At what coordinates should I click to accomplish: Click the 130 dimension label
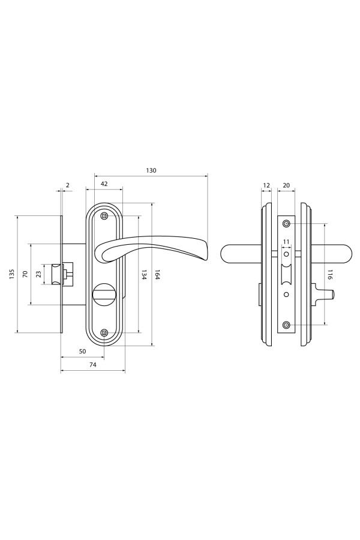pyautogui.click(x=151, y=170)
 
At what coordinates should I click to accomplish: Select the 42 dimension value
pyautogui.click(x=104, y=184)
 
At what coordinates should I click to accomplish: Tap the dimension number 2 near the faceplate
pyautogui.click(x=68, y=185)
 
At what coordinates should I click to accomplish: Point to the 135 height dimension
pyautogui.click(x=12, y=274)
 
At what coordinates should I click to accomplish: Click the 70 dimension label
pyautogui.click(x=25, y=274)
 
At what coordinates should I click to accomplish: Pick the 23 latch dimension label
pyautogui.click(x=38, y=274)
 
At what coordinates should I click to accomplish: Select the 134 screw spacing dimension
pyautogui.click(x=144, y=274)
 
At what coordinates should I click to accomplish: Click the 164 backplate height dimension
pyautogui.click(x=157, y=274)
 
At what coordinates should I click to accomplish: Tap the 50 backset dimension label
pyautogui.click(x=82, y=351)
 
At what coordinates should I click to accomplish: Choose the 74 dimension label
pyautogui.click(x=92, y=365)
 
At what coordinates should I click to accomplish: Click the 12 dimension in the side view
pyautogui.click(x=266, y=185)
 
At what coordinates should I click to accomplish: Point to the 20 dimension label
pyautogui.click(x=286, y=185)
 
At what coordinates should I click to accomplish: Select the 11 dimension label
pyautogui.click(x=286, y=242)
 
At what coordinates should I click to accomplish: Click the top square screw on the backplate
pyautogui.click(x=104, y=216)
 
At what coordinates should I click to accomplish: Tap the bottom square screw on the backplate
pyautogui.click(x=104, y=332)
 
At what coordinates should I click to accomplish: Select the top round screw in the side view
pyautogui.click(x=286, y=224)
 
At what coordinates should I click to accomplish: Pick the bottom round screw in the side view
pyautogui.click(x=286, y=325)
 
